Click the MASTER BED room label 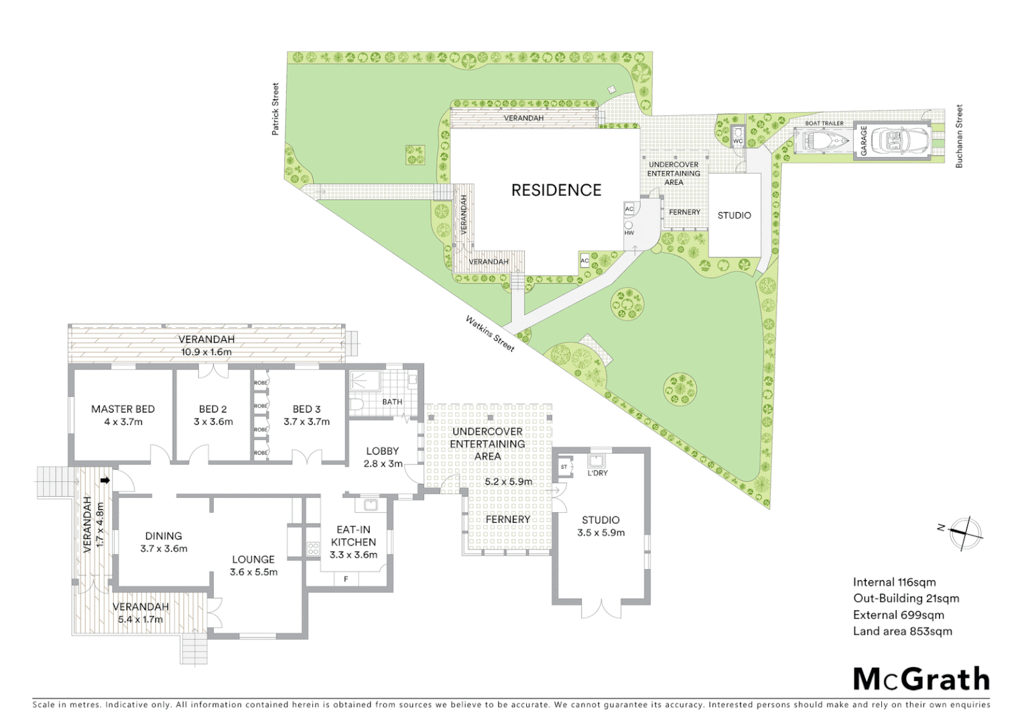(123, 409)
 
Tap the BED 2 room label (212, 409)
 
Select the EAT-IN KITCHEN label (353, 536)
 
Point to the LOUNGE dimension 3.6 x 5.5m (253, 572)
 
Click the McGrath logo (921, 679)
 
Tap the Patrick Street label (275, 109)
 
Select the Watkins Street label (490, 333)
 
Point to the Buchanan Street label (959, 136)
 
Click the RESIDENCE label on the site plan (556, 190)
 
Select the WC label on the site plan (738, 141)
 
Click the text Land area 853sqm (902, 631)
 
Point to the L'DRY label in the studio (597, 473)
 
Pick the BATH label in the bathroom (392, 402)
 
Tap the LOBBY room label (383, 451)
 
